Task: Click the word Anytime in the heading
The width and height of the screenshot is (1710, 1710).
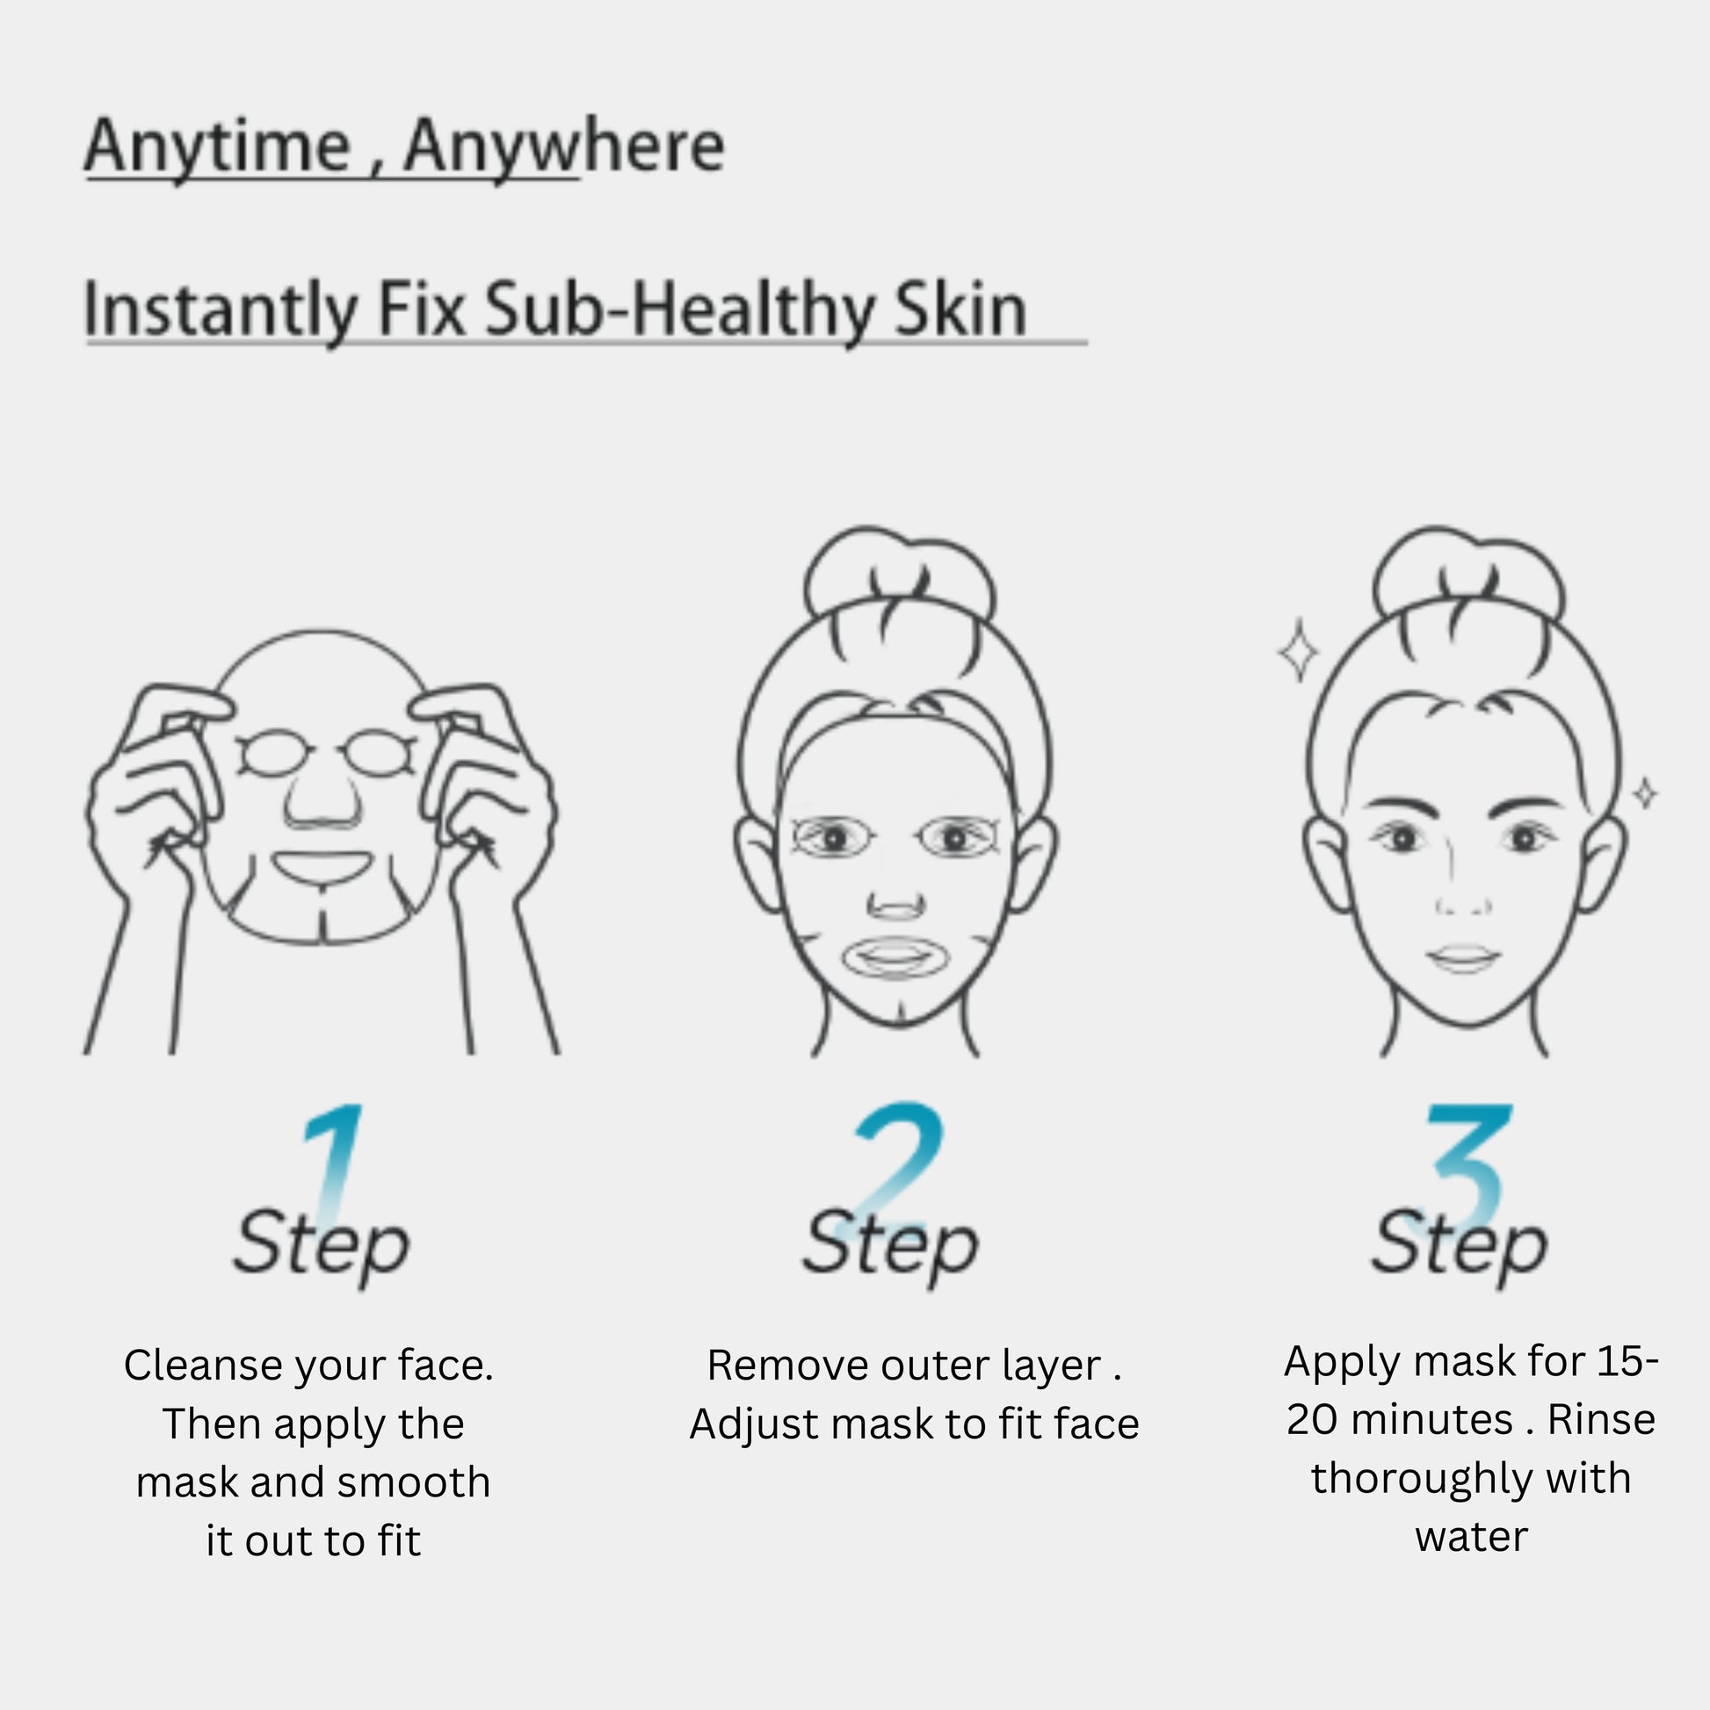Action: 218,148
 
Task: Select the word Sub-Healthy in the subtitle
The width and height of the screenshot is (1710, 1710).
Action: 680,311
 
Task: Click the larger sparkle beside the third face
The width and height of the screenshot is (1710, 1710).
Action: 1299,651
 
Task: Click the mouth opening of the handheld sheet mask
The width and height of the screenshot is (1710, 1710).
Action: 322,866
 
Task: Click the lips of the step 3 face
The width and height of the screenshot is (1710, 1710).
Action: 1464,959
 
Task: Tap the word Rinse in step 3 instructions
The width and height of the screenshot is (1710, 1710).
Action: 1601,1420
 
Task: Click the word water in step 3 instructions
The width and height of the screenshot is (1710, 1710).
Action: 1471,1538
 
